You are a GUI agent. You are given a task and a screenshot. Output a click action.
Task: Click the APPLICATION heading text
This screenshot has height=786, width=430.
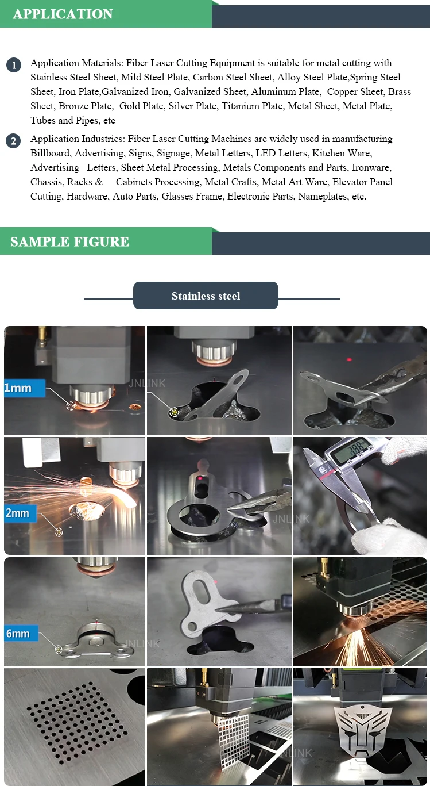(63, 14)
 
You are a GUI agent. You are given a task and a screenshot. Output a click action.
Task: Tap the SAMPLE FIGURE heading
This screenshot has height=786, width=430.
(69, 241)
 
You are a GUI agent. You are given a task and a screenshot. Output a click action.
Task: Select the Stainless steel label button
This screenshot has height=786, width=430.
(206, 296)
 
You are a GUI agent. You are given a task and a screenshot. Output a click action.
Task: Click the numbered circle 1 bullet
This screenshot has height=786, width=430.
(14, 65)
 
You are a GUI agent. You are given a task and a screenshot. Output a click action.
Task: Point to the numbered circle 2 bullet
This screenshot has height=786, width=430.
(13, 141)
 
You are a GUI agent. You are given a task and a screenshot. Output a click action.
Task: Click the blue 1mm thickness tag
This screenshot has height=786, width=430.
(25, 388)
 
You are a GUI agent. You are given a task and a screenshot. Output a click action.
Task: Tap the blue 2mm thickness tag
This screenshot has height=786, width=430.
(20, 513)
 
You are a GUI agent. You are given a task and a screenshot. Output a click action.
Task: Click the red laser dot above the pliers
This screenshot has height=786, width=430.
(349, 360)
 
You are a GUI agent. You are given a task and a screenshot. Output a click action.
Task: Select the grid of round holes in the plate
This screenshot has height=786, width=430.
(76, 723)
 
